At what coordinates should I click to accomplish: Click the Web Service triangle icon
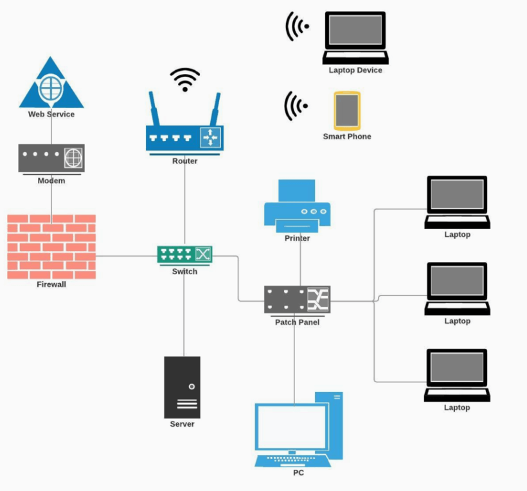click(51, 87)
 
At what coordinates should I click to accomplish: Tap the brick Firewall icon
click(51, 246)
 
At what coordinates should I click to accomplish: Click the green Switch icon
click(184, 255)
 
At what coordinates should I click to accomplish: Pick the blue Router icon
click(184, 138)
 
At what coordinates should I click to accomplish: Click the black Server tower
click(182, 387)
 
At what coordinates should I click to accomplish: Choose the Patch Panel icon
click(297, 300)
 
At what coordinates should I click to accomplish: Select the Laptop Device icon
click(355, 37)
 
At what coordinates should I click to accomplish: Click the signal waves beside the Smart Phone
click(296, 105)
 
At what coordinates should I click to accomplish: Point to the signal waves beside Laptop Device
click(297, 26)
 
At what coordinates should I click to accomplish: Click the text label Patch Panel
click(297, 322)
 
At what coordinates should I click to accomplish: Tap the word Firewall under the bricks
click(51, 284)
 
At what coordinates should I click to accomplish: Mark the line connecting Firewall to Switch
click(127, 255)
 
